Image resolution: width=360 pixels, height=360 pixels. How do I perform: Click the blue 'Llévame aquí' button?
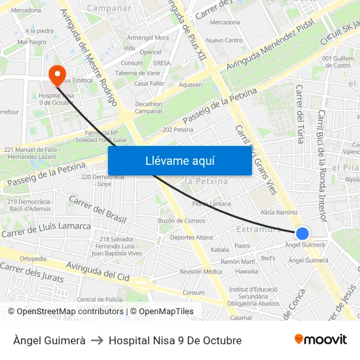pyautogui.click(x=179, y=160)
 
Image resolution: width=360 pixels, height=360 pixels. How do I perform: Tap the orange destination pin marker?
pyautogui.click(x=57, y=73)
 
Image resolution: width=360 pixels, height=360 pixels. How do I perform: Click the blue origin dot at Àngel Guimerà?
pyautogui.click(x=302, y=233)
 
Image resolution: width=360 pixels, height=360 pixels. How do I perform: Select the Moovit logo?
pyautogui.click(x=320, y=340)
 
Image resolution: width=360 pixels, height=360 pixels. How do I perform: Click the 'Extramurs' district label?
pyautogui.click(x=259, y=230)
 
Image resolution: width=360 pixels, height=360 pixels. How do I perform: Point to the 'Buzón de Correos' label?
pyautogui.click(x=182, y=221)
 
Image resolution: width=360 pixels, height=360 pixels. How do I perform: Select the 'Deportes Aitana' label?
pyautogui.click(x=191, y=237)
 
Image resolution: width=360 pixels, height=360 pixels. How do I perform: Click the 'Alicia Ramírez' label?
pyautogui.click(x=279, y=213)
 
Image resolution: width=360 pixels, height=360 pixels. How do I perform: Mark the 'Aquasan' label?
pyautogui.click(x=190, y=84)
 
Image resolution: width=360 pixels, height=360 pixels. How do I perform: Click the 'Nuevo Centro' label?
pyautogui.click(x=224, y=41)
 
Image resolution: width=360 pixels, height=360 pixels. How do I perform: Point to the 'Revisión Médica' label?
pyautogui.click(x=201, y=272)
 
